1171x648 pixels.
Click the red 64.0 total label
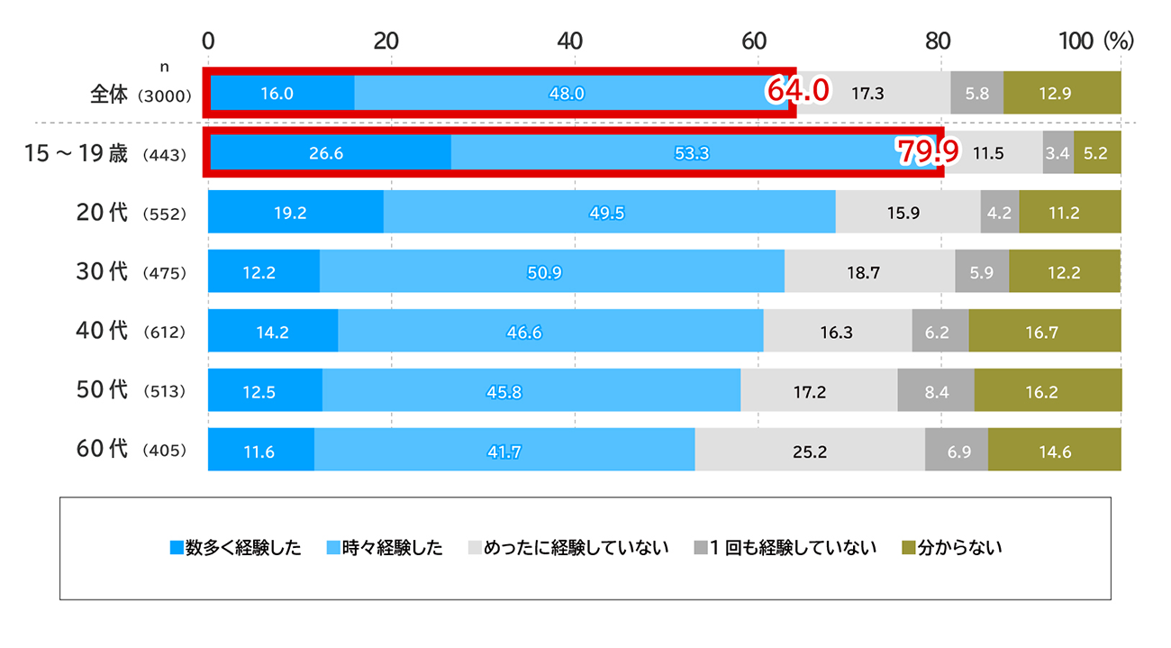(796, 91)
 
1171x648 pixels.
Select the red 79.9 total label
(927, 152)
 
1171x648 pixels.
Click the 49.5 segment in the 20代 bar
(609, 213)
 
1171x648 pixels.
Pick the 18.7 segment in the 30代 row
(869, 272)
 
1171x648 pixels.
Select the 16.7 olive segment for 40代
(1044, 332)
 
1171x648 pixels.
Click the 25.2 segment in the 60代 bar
(809, 451)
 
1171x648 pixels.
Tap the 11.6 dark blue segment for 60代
(260, 451)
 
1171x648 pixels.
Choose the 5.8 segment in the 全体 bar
(976, 92)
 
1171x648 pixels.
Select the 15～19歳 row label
(76, 153)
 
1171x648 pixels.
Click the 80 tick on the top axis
(938, 41)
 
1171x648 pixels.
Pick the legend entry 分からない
(952, 548)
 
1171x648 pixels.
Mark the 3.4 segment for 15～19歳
(1058, 153)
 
